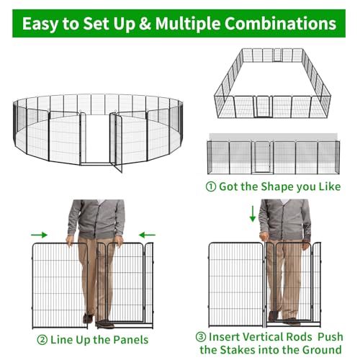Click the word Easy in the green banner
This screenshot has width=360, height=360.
point(40,24)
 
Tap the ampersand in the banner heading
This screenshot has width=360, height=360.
point(145,24)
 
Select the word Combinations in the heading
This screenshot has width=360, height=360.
point(280,24)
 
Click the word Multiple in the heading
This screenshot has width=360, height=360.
point(188,24)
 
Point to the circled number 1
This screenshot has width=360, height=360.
point(211,186)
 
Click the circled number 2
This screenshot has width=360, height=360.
point(42,340)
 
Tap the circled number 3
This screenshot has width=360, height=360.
point(201,337)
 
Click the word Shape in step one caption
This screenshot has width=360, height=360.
point(277,187)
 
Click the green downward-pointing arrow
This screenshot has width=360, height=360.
point(253,214)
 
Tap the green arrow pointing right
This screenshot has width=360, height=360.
point(40,235)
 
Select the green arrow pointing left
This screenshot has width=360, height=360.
point(148,235)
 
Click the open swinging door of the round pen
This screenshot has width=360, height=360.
point(116,142)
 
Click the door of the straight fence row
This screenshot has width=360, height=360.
point(263,157)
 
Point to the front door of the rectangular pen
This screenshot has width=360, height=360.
point(263,107)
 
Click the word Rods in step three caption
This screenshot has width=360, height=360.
point(298,337)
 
